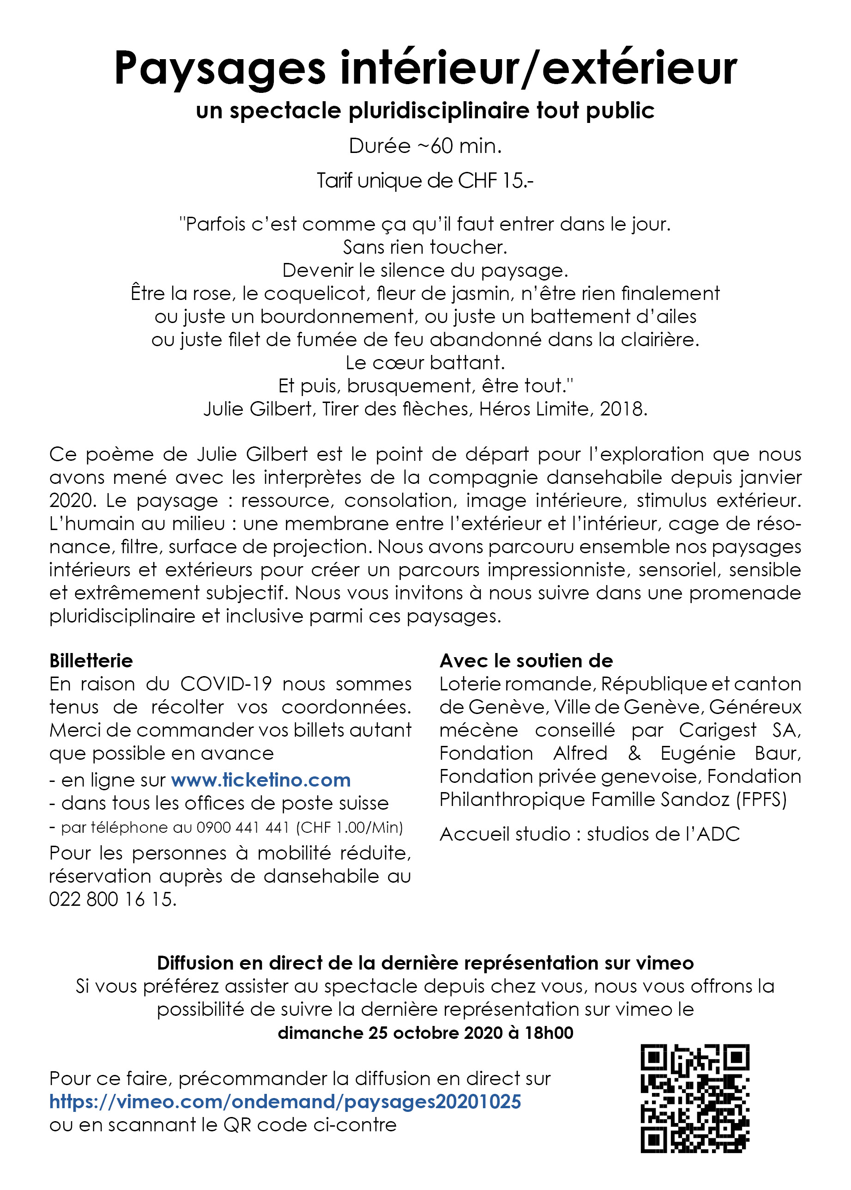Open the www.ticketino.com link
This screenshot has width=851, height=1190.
point(260,781)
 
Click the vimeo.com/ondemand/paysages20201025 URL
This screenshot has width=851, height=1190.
point(285,1102)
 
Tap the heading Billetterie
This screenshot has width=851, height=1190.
point(91,661)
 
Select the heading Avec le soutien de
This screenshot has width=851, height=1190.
point(526,661)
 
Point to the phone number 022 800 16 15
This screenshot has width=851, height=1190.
point(112,899)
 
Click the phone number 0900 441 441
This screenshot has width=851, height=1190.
point(242,828)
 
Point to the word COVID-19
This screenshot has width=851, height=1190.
point(226,684)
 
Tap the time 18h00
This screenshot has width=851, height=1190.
point(549,1033)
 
